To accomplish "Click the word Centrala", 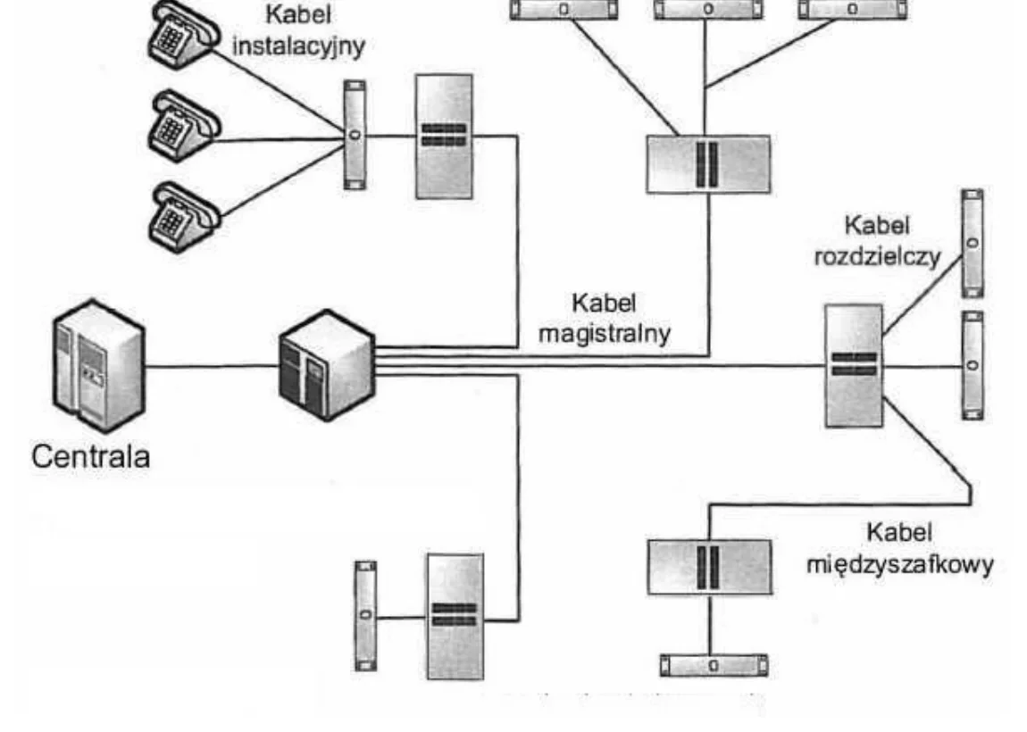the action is click(x=90, y=457).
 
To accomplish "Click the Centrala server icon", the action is click(x=98, y=365).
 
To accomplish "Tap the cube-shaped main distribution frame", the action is click(x=327, y=365).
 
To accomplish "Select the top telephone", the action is click(x=183, y=33).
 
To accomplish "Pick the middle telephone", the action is click(x=183, y=126).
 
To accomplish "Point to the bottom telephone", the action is click(x=184, y=218).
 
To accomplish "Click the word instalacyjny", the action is click(x=298, y=47).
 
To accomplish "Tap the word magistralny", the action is click(x=605, y=334).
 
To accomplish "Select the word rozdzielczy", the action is click(x=877, y=256).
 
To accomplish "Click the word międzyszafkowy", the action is click(x=900, y=564).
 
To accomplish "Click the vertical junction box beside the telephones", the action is click(x=355, y=135).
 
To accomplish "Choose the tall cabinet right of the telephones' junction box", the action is click(x=444, y=137).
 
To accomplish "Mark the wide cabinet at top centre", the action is click(x=708, y=164).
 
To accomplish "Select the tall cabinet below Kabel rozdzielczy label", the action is click(x=854, y=365).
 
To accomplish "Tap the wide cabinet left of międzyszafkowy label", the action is click(x=710, y=567).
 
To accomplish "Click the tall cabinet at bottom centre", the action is click(x=455, y=616).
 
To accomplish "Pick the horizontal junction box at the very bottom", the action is click(x=714, y=665).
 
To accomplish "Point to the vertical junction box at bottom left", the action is click(x=365, y=615).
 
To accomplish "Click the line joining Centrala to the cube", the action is click(x=212, y=366).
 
